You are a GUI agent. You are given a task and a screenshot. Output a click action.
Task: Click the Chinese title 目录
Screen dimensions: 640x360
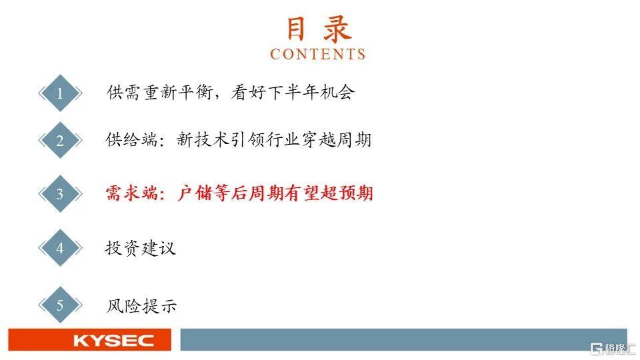pyautogui.click(x=319, y=29)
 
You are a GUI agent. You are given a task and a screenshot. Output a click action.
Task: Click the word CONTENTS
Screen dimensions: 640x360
pyautogui.click(x=318, y=54)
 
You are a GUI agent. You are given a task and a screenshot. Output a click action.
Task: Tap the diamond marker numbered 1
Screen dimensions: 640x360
pyautogui.click(x=60, y=93)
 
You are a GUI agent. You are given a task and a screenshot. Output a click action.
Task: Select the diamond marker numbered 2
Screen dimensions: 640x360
pyautogui.click(x=60, y=141)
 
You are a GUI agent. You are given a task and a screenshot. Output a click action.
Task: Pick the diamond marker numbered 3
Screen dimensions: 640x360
pyautogui.click(x=60, y=194)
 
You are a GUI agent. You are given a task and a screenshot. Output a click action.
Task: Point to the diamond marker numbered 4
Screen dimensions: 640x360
pyautogui.click(x=60, y=248)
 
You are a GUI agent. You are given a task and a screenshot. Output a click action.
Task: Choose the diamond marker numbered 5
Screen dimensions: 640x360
pyautogui.click(x=60, y=305)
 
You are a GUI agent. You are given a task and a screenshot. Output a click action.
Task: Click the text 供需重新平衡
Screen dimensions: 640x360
pyautogui.click(x=160, y=92)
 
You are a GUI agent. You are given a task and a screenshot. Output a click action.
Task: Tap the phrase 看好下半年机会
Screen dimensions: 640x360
pyautogui.click(x=293, y=92)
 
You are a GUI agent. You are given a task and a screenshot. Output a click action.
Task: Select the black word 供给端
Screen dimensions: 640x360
pyautogui.click(x=131, y=139)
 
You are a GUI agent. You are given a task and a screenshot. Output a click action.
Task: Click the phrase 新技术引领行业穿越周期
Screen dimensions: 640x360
pyautogui.click(x=274, y=139)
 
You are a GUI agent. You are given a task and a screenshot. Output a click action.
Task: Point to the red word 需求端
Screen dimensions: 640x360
pyautogui.click(x=132, y=193)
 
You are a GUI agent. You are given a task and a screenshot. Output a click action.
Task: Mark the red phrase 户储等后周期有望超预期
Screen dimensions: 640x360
pyautogui.click(x=275, y=193)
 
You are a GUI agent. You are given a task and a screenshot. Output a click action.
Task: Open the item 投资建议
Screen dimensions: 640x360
pyautogui.click(x=141, y=248)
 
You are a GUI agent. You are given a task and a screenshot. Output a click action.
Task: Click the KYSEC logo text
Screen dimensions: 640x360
pyautogui.click(x=114, y=341)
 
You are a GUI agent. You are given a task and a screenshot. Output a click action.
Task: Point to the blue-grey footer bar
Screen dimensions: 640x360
pyautogui.click(x=404, y=339)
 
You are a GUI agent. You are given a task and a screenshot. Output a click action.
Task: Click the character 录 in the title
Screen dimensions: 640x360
pyautogui.click(x=337, y=29)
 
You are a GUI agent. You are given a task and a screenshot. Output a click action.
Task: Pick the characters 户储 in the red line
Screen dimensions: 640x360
pyautogui.click(x=195, y=193)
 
